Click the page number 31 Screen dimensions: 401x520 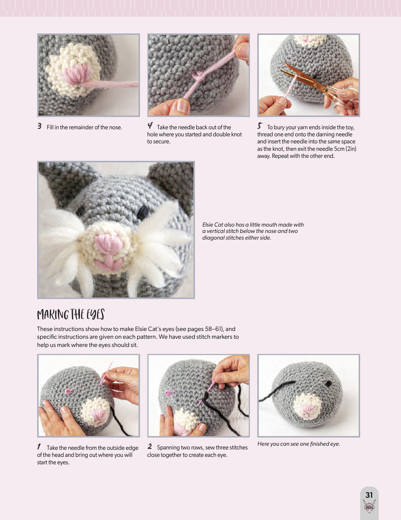tap(369, 495)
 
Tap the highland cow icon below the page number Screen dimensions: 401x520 tap(369, 506)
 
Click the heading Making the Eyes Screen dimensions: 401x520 tap(71, 315)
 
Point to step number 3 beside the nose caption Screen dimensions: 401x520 tap(39, 126)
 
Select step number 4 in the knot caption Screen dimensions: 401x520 tap(150, 126)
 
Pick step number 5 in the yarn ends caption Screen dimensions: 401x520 tap(260, 126)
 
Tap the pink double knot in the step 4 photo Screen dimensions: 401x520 tap(199, 77)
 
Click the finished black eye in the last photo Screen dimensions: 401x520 tap(329, 384)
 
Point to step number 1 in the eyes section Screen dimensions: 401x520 tap(39, 446)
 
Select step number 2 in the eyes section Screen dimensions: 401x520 tap(150, 446)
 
